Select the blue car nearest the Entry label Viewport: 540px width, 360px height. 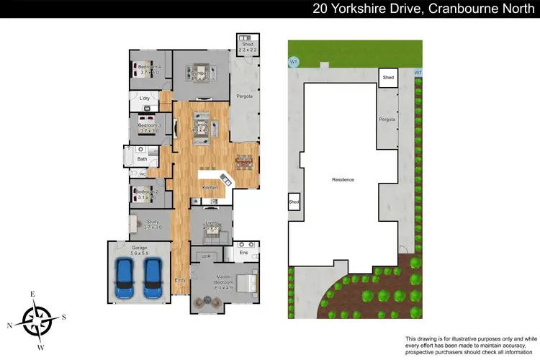coord(152,279)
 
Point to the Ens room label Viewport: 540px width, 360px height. coord(243,253)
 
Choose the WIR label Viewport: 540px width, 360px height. coord(206,256)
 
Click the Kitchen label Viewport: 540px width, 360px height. coord(210,187)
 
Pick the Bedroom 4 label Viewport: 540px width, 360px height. coord(150,70)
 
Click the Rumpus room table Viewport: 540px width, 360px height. coord(199,71)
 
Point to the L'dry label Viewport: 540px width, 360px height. coord(143,99)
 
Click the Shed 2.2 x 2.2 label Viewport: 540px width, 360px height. coord(247,46)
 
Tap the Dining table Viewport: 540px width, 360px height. coord(245,162)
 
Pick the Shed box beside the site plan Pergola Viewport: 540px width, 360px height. coord(388,77)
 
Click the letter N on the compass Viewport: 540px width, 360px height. coord(10,325)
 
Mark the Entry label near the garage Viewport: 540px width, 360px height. coord(179,279)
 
